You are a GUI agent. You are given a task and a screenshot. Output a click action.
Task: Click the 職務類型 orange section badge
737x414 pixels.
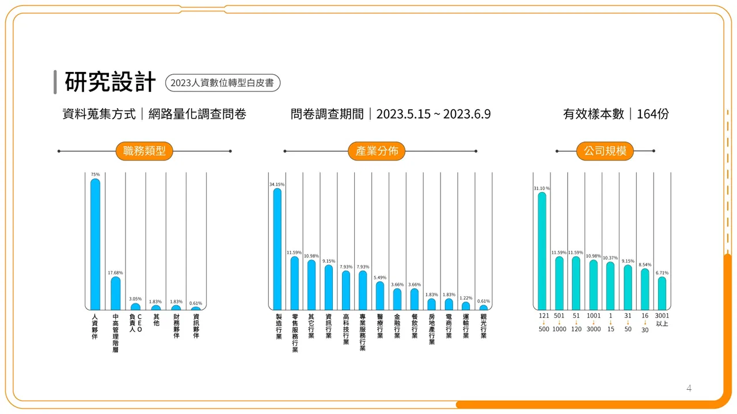[144, 151]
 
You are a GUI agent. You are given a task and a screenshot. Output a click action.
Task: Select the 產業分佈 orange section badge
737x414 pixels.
[377, 151]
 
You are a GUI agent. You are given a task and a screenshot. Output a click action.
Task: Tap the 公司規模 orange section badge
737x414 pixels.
[605, 151]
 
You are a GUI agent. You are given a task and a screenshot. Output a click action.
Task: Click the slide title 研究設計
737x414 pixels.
[110, 82]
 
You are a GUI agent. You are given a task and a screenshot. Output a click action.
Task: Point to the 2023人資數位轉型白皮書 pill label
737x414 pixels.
[223, 83]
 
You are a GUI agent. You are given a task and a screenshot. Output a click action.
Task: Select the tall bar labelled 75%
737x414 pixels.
[95, 244]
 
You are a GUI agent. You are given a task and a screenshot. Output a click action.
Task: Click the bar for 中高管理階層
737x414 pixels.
[116, 293]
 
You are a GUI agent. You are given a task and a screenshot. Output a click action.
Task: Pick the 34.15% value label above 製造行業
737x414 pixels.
[277, 185]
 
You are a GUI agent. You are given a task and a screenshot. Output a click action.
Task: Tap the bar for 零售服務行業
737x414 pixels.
[294, 283]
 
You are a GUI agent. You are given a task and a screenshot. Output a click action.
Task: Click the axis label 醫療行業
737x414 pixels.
[380, 326]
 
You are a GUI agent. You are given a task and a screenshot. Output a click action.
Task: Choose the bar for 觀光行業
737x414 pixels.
[483, 308]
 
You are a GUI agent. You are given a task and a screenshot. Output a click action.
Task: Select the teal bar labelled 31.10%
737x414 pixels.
[542, 251]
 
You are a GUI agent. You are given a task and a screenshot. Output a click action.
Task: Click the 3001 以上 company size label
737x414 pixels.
[662, 320]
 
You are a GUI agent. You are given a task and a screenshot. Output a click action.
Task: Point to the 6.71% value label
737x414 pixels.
[662, 273]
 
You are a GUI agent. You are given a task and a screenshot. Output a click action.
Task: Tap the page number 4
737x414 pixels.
[689, 388]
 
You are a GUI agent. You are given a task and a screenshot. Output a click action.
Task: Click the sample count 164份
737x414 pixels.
[653, 114]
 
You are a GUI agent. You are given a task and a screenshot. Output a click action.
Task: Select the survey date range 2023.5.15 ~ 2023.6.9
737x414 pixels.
[434, 114]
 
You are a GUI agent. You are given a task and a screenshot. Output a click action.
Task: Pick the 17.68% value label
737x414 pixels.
[115, 273]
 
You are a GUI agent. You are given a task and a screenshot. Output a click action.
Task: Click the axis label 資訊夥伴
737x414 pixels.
[196, 326]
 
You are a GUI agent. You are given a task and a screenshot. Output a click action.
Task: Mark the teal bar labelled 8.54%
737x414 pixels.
[645, 289]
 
